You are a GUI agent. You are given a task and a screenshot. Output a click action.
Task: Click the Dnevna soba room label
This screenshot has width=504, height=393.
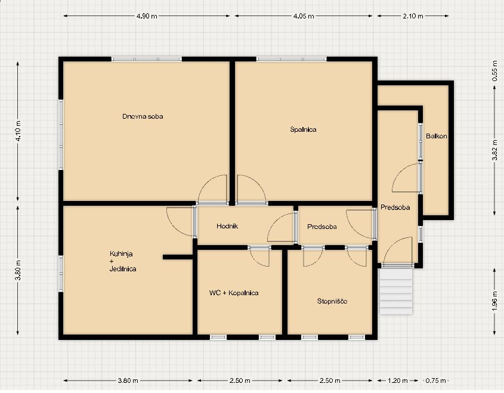143,116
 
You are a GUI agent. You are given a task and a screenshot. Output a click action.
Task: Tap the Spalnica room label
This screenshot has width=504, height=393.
303,129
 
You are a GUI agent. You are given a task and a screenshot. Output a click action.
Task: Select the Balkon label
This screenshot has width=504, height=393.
436,136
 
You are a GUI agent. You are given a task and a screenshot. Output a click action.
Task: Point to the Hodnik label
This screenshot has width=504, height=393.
227,226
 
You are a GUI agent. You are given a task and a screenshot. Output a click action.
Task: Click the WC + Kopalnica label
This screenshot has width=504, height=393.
234,293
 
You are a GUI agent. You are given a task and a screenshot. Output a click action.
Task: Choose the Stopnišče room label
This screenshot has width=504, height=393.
332,301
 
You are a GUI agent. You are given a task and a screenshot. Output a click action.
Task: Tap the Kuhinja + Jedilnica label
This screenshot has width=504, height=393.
123,261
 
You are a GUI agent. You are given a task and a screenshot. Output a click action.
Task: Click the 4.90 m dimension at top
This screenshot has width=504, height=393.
147,16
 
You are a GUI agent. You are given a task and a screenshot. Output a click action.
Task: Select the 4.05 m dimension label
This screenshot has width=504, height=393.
304,16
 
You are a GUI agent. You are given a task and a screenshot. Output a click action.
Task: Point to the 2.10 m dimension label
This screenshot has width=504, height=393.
413,16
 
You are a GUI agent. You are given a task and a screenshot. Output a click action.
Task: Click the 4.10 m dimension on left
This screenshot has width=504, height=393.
18,131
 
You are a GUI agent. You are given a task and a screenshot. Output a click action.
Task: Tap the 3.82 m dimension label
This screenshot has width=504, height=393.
494,150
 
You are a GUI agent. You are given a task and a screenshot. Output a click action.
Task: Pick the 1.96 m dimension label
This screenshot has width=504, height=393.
494,301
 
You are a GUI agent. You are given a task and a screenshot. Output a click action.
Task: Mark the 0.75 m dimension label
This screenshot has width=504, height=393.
435,381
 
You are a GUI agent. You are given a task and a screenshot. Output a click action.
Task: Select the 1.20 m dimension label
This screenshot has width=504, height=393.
398,381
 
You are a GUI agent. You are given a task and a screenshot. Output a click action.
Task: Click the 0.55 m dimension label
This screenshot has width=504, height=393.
494,71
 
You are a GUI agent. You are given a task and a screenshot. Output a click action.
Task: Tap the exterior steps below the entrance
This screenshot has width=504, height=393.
396,292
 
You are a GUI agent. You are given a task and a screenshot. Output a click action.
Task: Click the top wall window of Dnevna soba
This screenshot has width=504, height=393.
147,59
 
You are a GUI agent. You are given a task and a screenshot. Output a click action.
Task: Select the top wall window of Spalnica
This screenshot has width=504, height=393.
292,59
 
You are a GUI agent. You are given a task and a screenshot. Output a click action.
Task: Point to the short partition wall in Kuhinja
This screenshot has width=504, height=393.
178,257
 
